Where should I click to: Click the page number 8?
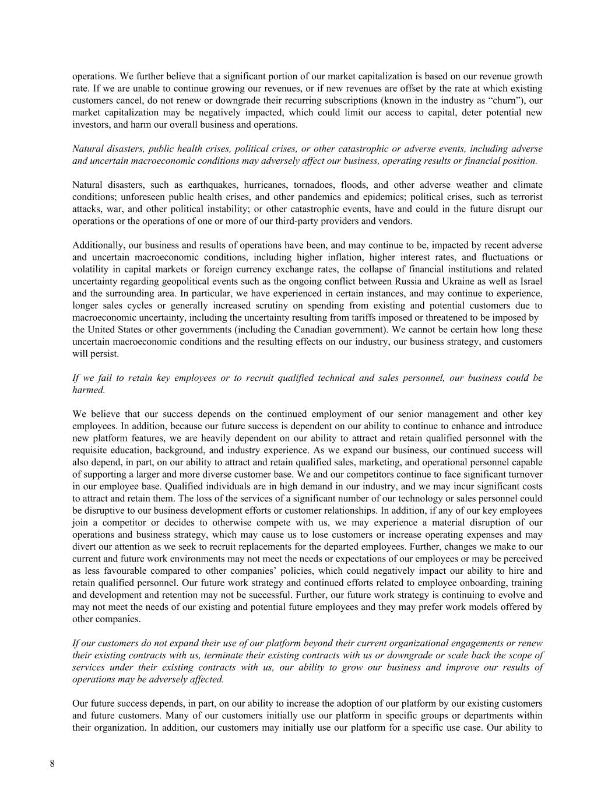52,765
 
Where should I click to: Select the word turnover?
524,474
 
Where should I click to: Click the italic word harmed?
89,390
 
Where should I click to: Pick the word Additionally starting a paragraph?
97,245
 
